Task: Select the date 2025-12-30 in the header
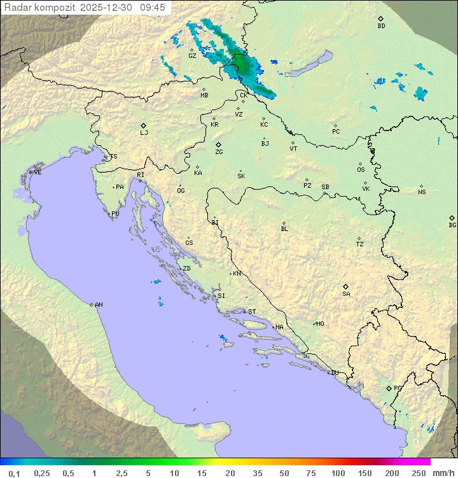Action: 108,8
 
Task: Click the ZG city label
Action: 219,152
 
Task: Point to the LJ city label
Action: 144,133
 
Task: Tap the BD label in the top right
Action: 381,26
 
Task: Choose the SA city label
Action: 346,294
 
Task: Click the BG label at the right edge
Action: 452,225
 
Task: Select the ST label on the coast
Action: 252,312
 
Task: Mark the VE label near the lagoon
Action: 38,172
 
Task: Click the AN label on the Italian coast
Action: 99,305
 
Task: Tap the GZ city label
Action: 192,56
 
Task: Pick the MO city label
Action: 320,324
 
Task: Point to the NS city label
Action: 422,192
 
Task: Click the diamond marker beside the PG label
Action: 389,388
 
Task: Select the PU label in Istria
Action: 115,214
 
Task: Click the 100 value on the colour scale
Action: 338,473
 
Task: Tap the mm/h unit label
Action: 441,473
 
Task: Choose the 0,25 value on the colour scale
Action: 42,473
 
